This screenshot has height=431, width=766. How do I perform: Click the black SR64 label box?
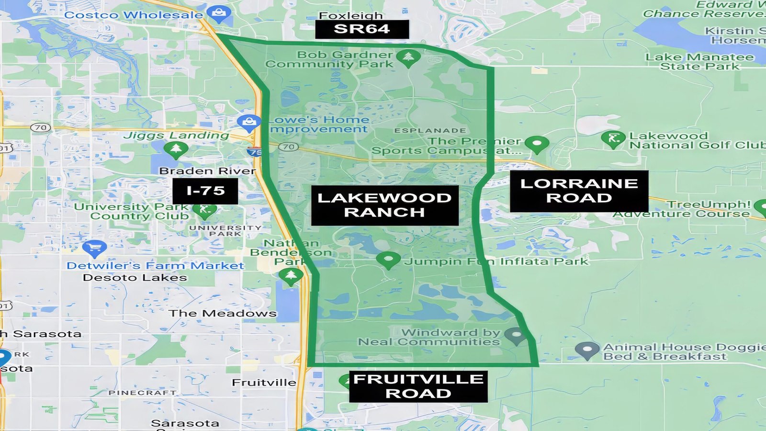[x=362, y=29]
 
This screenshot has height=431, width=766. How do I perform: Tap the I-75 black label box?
[x=205, y=191]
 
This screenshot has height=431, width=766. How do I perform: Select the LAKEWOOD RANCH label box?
[x=384, y=205]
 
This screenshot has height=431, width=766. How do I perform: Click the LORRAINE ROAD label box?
[x=579, y=191]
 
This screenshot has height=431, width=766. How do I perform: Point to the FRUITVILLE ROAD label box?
[x=418, y=386]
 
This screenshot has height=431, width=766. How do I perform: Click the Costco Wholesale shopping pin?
[x=219, y=13]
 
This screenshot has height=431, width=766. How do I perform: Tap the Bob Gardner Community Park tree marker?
[x=408, y=57]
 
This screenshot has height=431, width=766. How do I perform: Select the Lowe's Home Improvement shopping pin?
[x=249, y=123]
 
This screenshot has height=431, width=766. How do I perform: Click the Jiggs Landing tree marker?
[x=176, y=149]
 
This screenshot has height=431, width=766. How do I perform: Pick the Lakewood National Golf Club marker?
[x=613, y=139]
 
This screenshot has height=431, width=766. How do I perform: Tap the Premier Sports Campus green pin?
[x=537, y=144]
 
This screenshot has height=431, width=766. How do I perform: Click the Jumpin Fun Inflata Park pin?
[x=388, y=260]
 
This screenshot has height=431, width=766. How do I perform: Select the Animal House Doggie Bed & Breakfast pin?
[x=587, y=351]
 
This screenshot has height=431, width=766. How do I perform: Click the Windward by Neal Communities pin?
[x=516, y=335]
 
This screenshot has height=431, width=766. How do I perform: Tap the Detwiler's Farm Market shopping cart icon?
[x=94, y=248]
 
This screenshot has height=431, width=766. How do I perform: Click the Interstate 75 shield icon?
[x=255, y=152]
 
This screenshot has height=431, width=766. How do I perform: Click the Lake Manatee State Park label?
[x=699, y=62]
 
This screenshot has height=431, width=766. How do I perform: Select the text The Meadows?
[x=223, y=313]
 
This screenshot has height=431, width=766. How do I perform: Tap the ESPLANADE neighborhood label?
[x=430, y=130]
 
